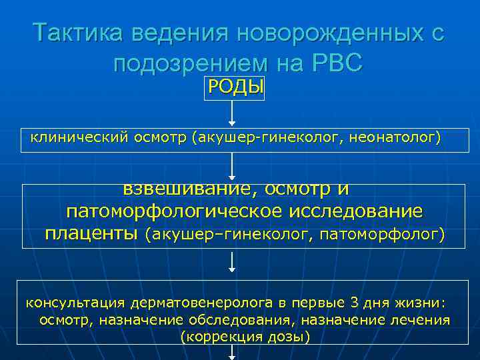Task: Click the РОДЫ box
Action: (x=235, y=87)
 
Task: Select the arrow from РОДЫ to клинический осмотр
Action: (x=231, y=113)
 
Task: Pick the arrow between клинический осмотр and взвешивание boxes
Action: (x=231, y=167)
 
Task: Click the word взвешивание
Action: (x=185, y=189)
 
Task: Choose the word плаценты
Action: (x=92, y=234)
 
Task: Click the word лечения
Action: (x=422, y=320)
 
